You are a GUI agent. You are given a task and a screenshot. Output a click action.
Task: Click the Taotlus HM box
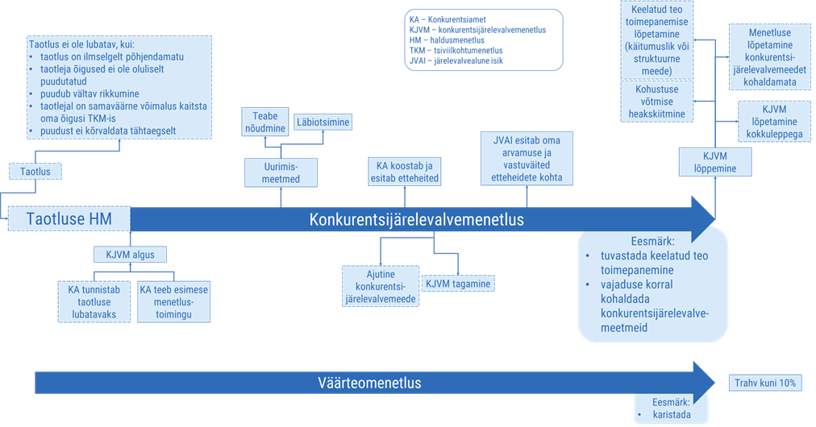click(x=68, y=218)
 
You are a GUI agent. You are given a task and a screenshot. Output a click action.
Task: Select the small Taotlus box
click(x=35, y=171)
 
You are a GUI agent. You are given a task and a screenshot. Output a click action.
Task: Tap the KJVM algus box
click(x=130, y=255)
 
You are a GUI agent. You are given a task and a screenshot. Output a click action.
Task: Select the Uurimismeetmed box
click(x=281, y=171)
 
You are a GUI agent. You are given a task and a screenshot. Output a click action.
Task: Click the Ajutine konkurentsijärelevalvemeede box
click(x=379, y=286)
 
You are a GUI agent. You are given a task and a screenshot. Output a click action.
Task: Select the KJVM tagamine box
click(x=457, y=283)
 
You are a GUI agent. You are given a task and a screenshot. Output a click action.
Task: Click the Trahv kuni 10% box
click(x=764, y=383)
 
